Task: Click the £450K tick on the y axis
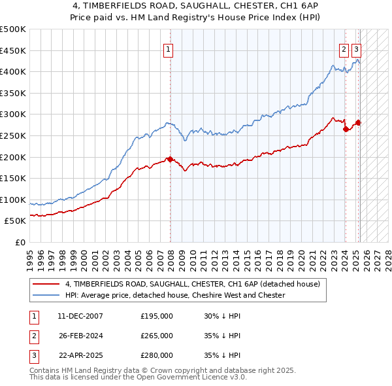tap(14, 50)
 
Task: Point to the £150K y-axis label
tap(14, 178)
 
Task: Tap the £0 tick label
tap(20, 242)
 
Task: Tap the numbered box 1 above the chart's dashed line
tap(169, 48)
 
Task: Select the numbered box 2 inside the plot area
tap(344, 48)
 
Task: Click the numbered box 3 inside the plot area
tap(356, 48)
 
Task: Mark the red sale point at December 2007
tap(171, 159)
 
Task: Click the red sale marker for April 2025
tap(359, 122)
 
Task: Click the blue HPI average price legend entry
tap(175, 295)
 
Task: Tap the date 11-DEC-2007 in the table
tap(80, 316)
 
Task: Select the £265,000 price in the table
tap(157, 336)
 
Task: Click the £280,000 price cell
tap(157, 355)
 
